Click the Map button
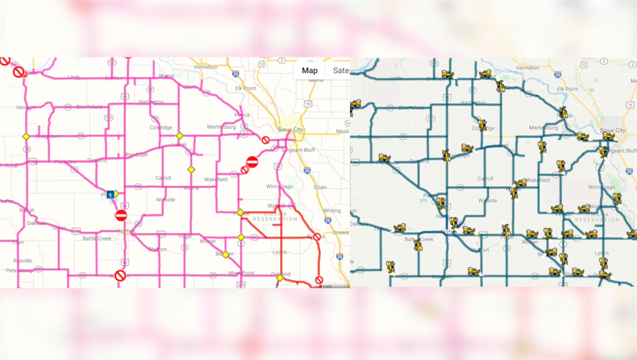[310, 71]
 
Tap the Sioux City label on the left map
[291, 128]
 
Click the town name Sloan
[320, 187]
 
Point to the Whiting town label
[331, 211]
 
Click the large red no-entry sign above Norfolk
[121, 215]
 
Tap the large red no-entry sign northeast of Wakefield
[252, 162]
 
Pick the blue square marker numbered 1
[110, 194]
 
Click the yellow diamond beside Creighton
[26, 136]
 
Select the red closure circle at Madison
[120, 276]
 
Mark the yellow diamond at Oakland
[280, 277]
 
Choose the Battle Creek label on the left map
[97, 238]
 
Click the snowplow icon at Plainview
[385, 158]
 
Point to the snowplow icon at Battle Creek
[418, 244]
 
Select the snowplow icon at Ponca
[563, 113]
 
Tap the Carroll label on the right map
[485, 178]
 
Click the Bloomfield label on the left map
[88, 107]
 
